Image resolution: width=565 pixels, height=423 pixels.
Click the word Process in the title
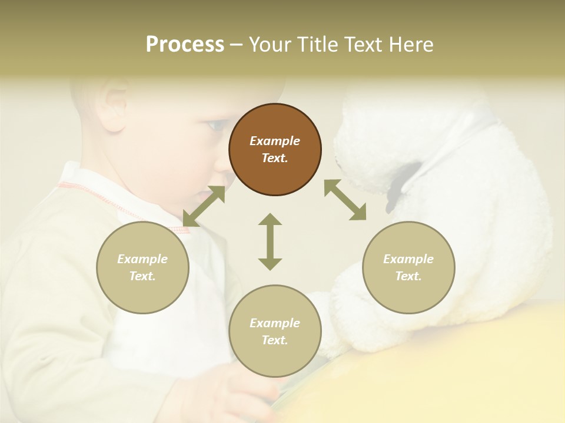point(185,45)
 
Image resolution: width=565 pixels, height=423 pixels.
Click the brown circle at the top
point(275,149)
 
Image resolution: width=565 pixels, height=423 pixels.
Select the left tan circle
point(142,267)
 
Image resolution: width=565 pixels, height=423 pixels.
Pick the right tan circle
point(408,267)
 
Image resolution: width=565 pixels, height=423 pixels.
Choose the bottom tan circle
point(275,331)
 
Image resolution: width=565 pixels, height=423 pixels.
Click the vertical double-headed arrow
point(270,241)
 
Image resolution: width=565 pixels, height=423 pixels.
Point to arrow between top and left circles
point(204,206)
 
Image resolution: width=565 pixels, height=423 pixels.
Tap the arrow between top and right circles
point(345,200)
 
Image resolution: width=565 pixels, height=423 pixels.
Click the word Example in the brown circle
point(275,141)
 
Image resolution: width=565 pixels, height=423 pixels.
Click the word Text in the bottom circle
point(275,340)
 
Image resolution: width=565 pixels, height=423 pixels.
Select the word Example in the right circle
point(408,259)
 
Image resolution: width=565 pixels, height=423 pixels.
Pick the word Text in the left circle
point(142,276)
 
